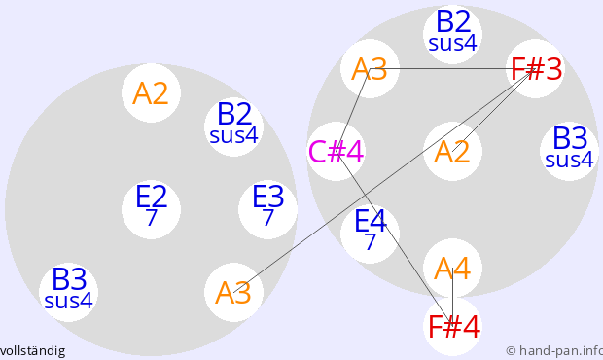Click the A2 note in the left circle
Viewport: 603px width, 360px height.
[151, 93]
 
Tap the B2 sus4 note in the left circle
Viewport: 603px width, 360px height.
[233, 126]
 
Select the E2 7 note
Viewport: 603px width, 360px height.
[151, 209]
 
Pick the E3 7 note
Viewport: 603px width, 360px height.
[267, 209]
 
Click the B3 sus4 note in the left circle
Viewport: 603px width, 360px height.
[68, 292]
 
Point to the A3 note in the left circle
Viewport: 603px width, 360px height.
[233, 292]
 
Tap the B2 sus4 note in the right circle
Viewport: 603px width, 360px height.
[452, 35]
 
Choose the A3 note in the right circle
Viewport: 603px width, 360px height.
[370, 68]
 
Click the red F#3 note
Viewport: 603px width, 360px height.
[535, 68]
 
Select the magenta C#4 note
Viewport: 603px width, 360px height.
[337, 151]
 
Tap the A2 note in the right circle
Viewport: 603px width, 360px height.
[452, 151]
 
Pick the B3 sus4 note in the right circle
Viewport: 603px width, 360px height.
[569, 151]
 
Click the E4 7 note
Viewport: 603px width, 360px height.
[370, 234]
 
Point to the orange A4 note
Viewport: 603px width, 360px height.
[452, 268]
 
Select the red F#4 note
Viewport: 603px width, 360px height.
[452, 326]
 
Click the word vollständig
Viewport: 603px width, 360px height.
[32, 351]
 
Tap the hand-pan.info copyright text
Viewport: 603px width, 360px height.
[554, 351]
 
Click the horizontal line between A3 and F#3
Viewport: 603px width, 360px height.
[452, 68]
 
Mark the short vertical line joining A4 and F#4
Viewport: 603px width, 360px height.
[452, 297]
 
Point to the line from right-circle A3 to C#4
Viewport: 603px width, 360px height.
[353, 110]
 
